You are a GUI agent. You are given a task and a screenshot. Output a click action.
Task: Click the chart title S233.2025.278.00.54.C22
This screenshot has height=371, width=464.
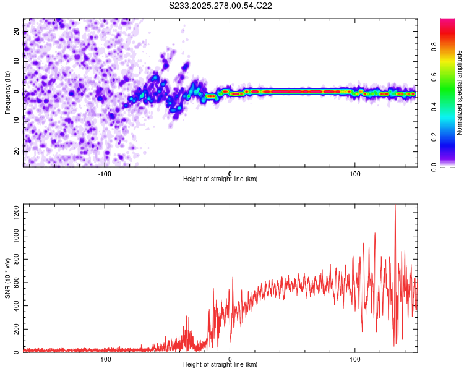click(x=221, y=6)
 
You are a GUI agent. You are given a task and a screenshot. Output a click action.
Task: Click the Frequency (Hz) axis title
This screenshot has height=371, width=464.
click(x=7, y=92)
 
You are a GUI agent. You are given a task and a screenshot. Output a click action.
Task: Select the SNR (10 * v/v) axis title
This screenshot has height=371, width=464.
click(x=7, y=278)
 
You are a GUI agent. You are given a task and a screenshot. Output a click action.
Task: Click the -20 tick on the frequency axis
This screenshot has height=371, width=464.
click(x=16, y=151)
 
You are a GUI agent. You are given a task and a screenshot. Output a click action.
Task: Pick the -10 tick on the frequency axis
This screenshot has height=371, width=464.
click(x=16, y=122)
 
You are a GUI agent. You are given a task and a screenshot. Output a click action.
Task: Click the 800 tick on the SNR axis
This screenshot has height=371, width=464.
click(x=14, y=260)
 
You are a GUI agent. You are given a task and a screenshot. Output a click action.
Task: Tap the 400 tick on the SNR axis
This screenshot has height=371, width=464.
click(x=14, y=306)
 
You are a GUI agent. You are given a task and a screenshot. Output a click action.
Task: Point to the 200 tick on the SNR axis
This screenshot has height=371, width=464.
click(x=14, y=330)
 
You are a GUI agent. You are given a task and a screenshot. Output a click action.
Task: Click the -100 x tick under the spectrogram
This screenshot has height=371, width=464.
click(x=104, y=173)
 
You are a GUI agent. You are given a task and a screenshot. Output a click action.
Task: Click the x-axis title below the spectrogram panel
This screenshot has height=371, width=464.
click(x=220, y=179)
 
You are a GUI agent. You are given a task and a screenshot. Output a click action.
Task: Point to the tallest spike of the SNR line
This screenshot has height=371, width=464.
click(x=395, y=206)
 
